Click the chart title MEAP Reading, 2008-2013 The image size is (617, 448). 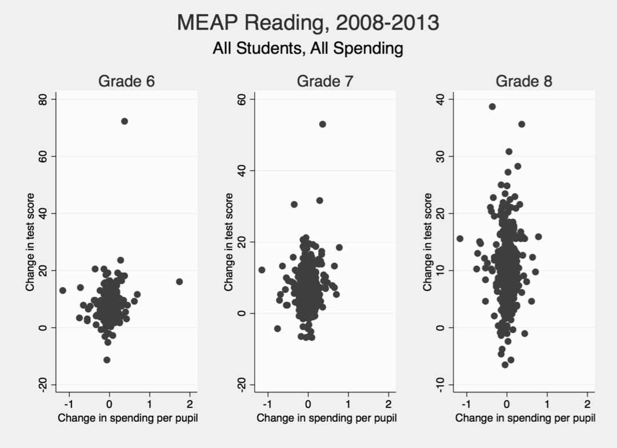(x=308, y=23)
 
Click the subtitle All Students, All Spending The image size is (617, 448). (x=308, y=49)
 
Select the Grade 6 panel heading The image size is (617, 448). (x=126, y=82)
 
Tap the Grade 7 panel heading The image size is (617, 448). (x=325, y=82)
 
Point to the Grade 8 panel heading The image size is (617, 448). (x=524, y=82)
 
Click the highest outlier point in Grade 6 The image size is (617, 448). (x=125, y=121)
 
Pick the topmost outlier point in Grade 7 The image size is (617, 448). (x=322, y=124)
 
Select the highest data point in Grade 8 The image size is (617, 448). (x=492, y=107)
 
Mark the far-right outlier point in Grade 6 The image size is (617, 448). (x=179, y=281)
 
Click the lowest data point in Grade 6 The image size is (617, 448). (x=107, y=360)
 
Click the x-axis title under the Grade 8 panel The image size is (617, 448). (x=525, y=418)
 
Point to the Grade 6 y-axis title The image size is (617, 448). (x=30, y=242)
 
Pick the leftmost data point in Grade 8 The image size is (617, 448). (x=460, y=239)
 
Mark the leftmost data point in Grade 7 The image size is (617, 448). (x=262, y=270)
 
